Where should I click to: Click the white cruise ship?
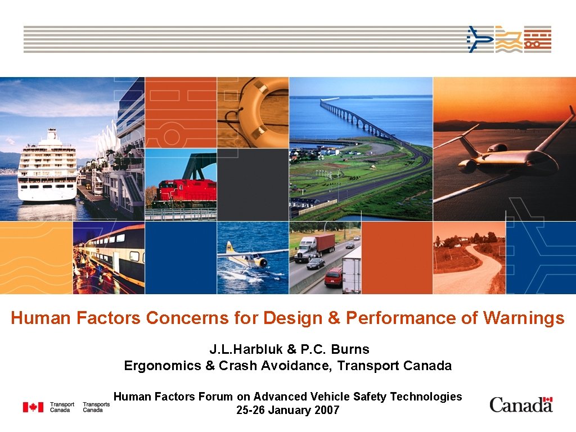[x=47, y=169]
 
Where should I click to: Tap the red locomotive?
[x=185, y=192]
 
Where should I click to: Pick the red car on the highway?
[x=333, y=276]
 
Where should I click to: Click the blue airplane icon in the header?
[x=480, y=39]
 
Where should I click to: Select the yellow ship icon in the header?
[x=508, y=39]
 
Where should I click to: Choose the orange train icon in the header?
[x=538, y=39]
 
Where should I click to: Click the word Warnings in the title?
[x=523, y=318]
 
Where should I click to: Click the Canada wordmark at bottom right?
[x=521, y=404]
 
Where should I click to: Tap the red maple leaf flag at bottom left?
[x=33, y=407]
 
